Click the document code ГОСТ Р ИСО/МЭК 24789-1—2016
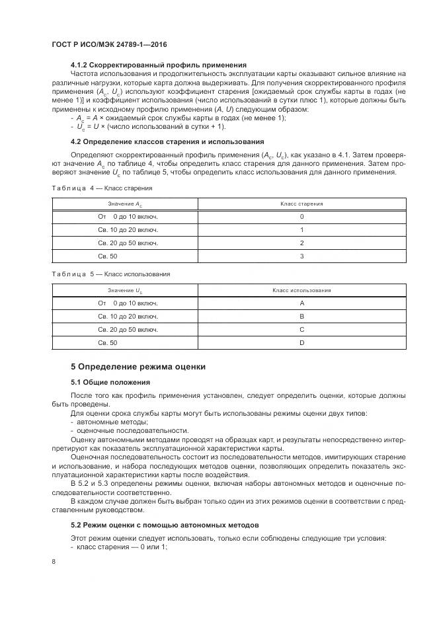(109, 43)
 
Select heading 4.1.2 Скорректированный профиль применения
(159, 65)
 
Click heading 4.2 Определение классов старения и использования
(167, 141)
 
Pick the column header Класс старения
(301, 204)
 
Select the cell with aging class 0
(301, 216)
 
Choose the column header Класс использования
(301, 290)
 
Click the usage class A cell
(301, 303)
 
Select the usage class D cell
(301, 342)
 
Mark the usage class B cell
(301, 316)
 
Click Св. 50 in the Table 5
(107, 342)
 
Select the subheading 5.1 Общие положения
(110, 382)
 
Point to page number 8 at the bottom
(53, 561)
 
